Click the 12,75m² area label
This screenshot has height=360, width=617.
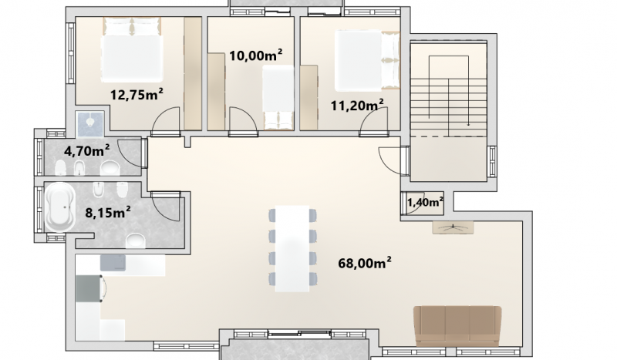pos(137,94)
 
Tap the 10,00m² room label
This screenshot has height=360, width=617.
pos(255,55)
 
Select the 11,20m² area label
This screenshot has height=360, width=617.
pos(357,105)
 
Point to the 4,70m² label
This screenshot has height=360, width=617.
pos(86,150)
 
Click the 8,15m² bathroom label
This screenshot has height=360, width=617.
pos(108,213)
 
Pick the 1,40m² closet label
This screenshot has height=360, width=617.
pos(426,202)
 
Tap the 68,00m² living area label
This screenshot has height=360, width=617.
pos(365,263)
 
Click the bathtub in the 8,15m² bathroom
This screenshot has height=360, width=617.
pos(59,207)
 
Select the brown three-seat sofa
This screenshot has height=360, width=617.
pos(457,326)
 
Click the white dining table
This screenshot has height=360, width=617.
pos(292,248)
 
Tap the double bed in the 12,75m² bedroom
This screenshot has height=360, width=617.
pos(132,49)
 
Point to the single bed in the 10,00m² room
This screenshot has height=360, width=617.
pos(278,97)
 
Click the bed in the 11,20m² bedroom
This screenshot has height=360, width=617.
pos(367,61)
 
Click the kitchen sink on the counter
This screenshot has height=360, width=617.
pos(113,263)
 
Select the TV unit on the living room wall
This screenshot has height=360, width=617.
pos(453,227)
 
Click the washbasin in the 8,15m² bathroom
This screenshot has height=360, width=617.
pos(137,240)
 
